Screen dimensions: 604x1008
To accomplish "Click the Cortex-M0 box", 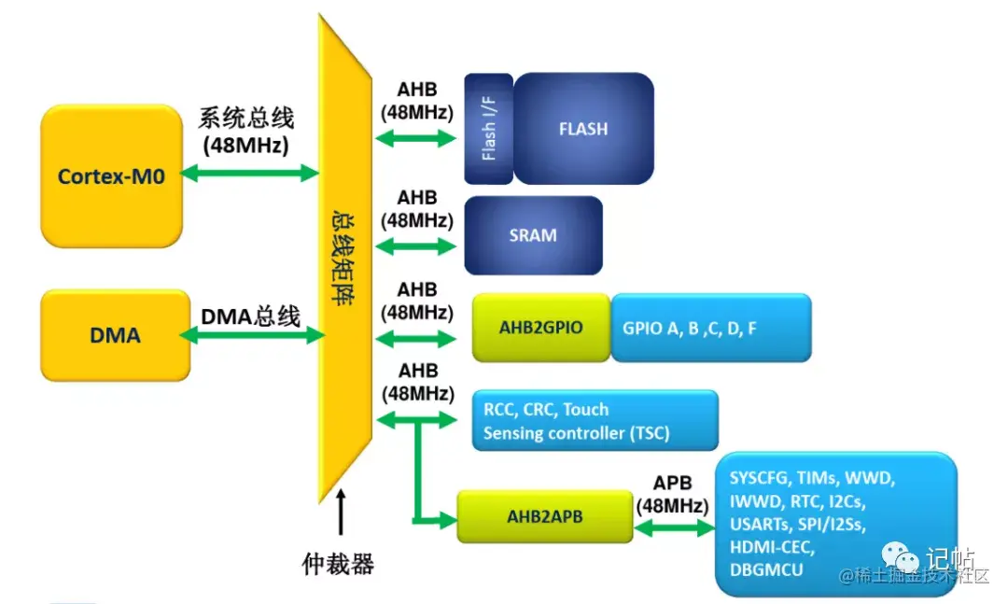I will [111, 176].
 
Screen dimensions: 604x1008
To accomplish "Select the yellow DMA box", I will [116, 334].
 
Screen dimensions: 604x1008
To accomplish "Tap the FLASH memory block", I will [583, 129].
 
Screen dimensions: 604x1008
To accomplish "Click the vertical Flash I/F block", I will [488, 129].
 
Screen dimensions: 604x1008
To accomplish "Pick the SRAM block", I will [533, 235].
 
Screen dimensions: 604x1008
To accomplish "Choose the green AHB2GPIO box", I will [540, 329].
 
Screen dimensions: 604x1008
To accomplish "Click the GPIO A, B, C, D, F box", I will [709, 329].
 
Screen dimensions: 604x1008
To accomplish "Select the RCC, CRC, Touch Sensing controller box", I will [595, 421].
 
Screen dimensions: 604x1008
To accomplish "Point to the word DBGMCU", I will [767, 569].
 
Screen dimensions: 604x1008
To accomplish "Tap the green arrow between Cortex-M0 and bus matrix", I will [249, 173].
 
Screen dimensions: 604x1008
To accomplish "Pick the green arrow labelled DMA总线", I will [249, 334].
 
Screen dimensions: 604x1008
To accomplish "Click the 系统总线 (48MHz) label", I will [245, 132].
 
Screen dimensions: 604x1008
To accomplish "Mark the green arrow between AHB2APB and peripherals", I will [672, 527].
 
